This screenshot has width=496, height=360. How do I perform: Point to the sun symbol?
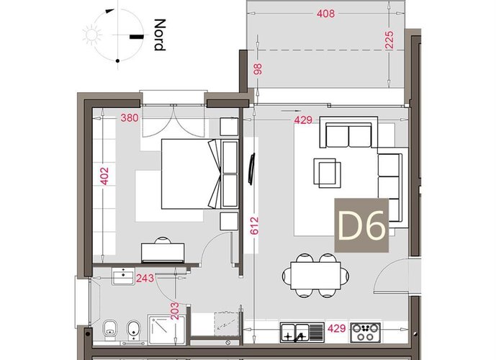(x=93, y=35)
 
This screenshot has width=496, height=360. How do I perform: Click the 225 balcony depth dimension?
(x=390, y=40)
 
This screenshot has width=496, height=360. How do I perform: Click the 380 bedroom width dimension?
(x=130, y=118)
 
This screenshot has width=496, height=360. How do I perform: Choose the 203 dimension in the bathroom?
(x=174, y=310)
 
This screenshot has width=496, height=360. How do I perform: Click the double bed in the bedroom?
(x=188, y=173)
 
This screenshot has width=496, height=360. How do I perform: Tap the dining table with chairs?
(x=316, y=274)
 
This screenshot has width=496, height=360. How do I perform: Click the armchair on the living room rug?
(x=328, y=172)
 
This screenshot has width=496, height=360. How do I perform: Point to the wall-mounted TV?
(x=252, y=170)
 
